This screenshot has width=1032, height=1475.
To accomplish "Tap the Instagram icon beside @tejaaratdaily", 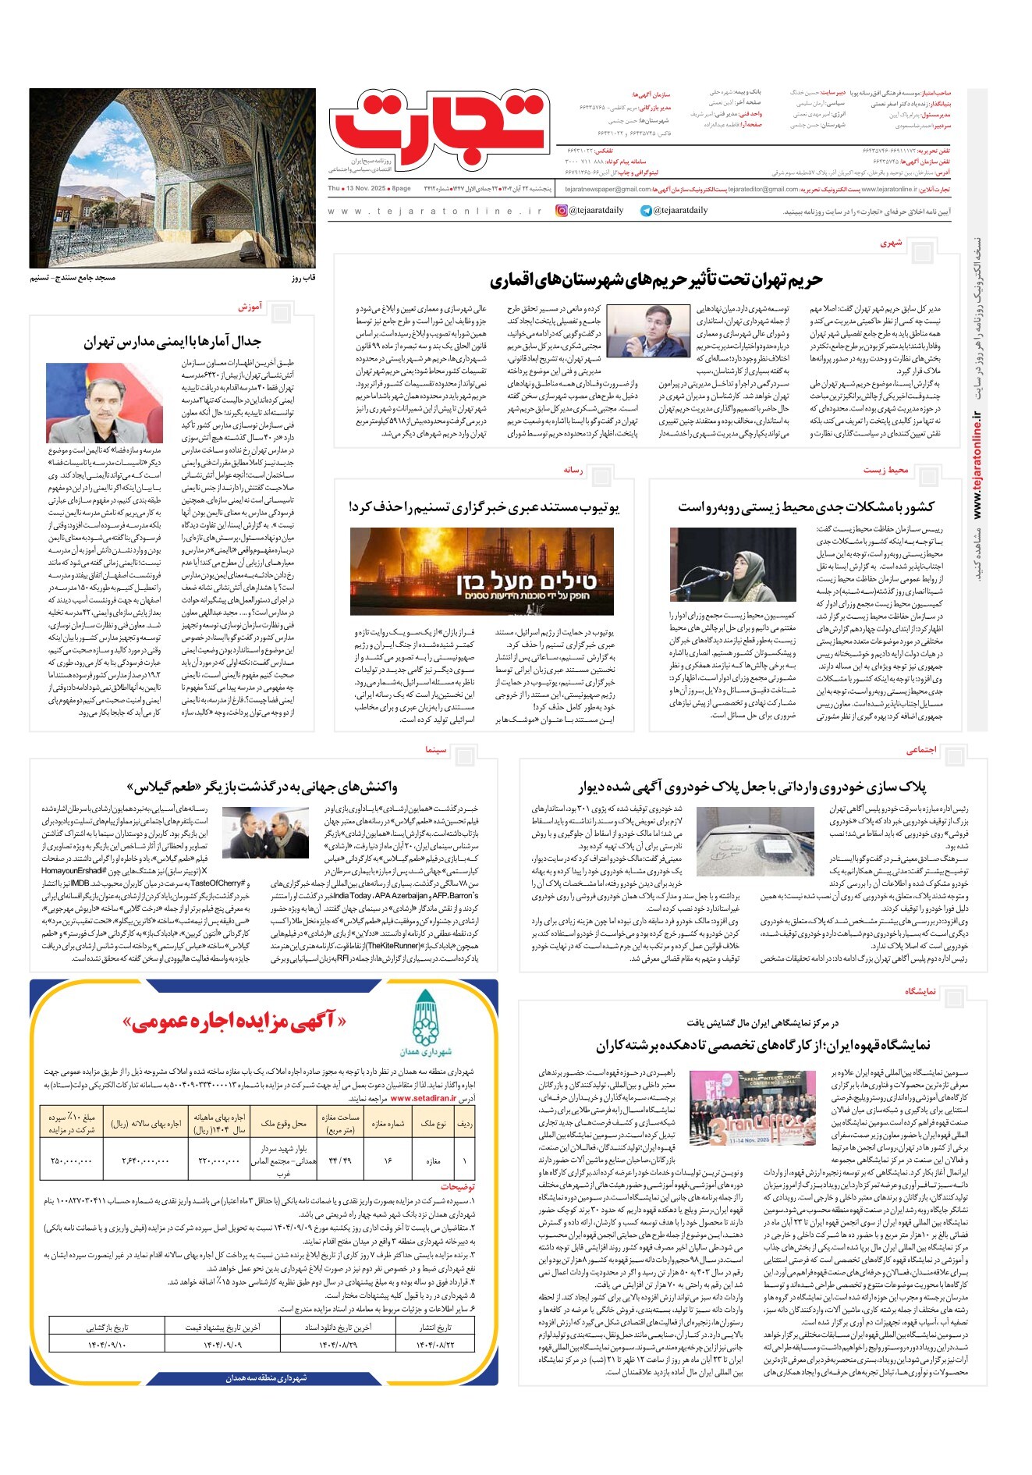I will pos(562,211).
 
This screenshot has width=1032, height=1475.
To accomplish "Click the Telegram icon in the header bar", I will pos(646,211).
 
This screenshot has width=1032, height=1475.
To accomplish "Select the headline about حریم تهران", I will pos(656,279).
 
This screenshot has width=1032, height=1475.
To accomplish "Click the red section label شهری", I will pos(891,243).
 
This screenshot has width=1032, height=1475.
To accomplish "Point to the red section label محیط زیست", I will pos(885,470).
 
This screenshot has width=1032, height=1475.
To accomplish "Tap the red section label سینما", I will pos(436,750).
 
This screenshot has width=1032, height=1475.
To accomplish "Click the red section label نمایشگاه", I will pos(920,991).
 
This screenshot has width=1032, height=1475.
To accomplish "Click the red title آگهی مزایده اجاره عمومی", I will pos(234,1022).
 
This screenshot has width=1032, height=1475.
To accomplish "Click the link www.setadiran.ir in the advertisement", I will pos(423,1098).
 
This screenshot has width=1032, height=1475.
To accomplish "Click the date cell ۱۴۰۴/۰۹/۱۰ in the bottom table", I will pos(106,1345).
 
